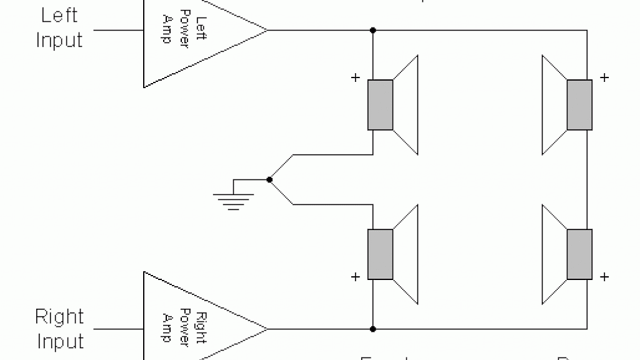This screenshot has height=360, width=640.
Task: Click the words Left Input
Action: click(59, 28)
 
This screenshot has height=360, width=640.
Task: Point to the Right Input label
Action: click(59, 329)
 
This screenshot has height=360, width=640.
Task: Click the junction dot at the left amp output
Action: click(372, 30)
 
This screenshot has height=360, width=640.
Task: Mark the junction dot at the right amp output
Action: click(372, 329)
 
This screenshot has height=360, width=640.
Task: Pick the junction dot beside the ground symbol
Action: click(269, 180)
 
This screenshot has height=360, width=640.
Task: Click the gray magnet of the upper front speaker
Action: click(380, 105)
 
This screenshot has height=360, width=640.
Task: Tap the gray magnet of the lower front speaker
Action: click(380, 254)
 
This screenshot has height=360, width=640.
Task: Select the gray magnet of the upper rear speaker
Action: click(579, 105)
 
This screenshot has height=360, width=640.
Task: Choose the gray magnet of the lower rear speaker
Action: click(579, 254)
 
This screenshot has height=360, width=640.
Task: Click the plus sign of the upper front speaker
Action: click(356, 78)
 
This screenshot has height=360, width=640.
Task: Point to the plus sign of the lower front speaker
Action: click(356, 276)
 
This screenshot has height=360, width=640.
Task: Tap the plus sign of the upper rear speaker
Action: click(604, 78)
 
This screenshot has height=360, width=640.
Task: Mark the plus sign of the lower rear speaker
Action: click(604, 276)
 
